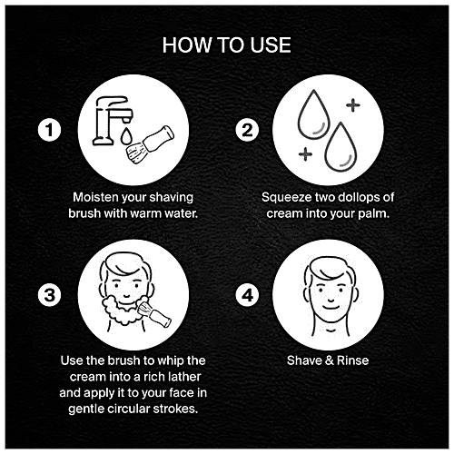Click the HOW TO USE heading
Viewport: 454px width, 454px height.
click(226, 45)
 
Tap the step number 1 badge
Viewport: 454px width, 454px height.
click(49, 130)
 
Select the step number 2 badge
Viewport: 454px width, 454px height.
click(247, 130)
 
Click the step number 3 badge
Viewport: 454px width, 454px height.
click(49, 295)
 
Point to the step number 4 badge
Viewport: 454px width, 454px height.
click(247, 295)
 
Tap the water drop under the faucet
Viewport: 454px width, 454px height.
click(125, 136)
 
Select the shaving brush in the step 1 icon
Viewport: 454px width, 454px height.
click(150, 144)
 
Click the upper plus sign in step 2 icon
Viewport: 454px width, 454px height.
click(353, 105)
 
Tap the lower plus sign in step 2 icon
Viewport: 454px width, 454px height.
click(305, 153)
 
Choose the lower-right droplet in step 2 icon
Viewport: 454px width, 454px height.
click(340, 147)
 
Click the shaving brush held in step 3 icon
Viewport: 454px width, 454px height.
click(153, 312)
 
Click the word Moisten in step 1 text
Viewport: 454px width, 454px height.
click(95, 197)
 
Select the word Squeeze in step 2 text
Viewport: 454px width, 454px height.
click(287, 198)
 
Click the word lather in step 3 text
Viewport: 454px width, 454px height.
click(184, 377)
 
